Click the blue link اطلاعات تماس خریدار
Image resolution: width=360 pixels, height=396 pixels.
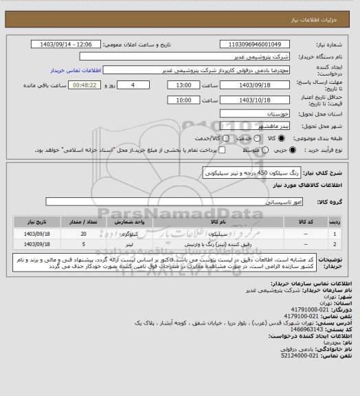tap(69, 70)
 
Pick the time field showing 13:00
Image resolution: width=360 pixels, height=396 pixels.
tap(184, 85)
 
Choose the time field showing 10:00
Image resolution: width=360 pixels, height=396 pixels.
tap(184, 100)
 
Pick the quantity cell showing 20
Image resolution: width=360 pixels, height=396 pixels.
tap(82, 234)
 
